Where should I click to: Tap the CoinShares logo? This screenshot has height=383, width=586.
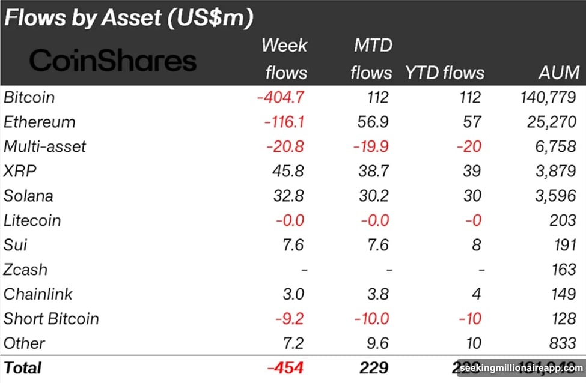click(113, 61)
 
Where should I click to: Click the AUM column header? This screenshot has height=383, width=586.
click(558, 73)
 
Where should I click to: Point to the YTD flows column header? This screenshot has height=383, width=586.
click(445, 73)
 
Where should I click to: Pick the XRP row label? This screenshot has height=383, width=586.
click(20, 171)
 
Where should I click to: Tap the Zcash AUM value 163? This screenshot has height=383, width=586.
click(563, 270)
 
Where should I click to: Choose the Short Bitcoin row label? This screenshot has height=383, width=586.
click(51, 319)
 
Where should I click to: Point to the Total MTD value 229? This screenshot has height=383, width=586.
click(372, 367)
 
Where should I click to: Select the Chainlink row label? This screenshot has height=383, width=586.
click(38, 294)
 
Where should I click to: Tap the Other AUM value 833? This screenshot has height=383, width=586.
click(563, 343)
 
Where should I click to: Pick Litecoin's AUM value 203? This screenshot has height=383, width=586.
click(563, 220)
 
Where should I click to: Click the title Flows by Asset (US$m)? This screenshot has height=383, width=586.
click(128, 17)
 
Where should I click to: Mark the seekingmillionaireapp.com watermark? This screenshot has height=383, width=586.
click(520, 368)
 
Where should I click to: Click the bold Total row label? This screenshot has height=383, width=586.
click(22, 367)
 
